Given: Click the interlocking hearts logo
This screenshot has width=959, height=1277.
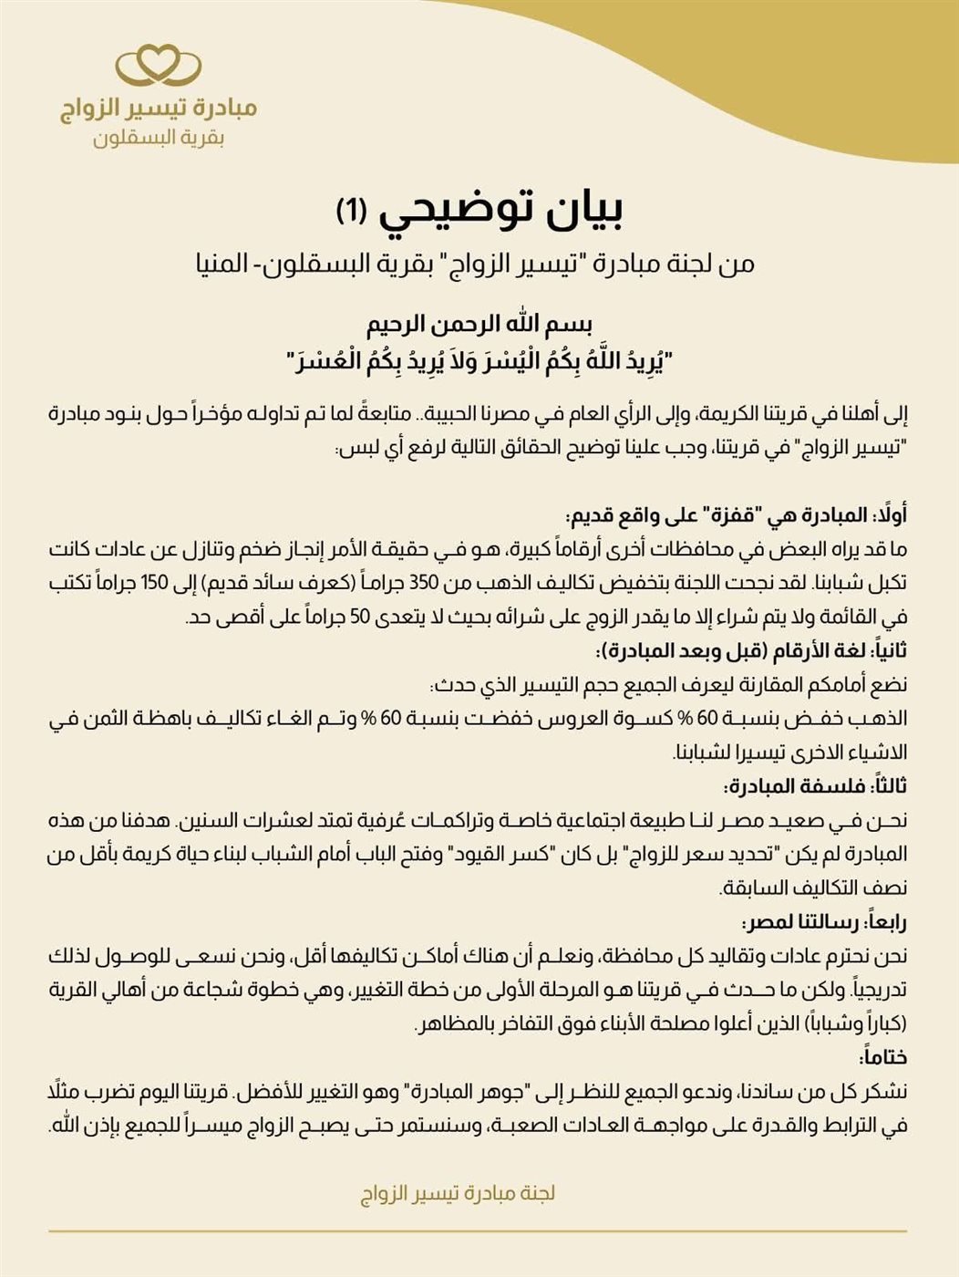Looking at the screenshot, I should (158, 66).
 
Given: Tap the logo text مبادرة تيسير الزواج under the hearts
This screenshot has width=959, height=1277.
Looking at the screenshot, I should (159, 109).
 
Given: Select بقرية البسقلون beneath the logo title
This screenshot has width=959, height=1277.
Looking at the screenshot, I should (159, 139).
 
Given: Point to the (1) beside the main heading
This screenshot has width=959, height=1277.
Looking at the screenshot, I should (351, 211).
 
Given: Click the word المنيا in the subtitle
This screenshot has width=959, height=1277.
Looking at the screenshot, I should (234, 265).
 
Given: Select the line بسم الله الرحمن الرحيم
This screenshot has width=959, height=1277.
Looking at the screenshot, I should (479, 324).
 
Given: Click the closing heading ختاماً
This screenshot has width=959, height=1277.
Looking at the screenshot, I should (882, 1057).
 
